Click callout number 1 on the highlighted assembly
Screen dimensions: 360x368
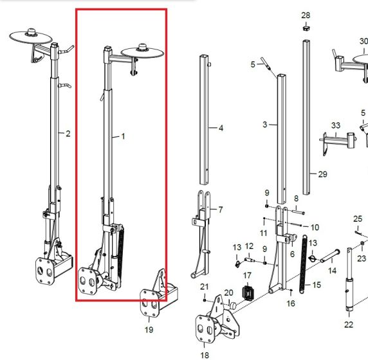pyautogui.click(x=123, y=137)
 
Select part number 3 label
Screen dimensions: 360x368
pyautogui.click(x=265, y=124)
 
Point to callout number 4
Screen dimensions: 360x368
pyautogui.click(x=221, y=129)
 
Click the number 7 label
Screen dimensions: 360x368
pyautogui.click(x=221, y=210)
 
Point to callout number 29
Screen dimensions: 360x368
pyautogui.click(x=323, y=174)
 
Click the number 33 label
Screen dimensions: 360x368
pyautogui.click(x=335, y=125)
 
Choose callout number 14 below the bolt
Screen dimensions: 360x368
pyautogui.click(x=333, y=271)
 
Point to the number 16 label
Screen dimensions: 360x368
pyautogui.click(x=291, y=303)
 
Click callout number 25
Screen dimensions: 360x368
pyautogui.click(x=358, y=219)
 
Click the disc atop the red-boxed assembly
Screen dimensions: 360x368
pyautogui.click(x=143, y=51)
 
